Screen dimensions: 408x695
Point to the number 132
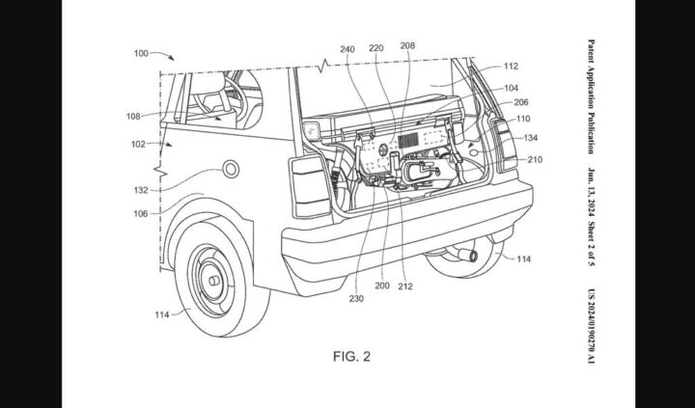click(x=141, y=190)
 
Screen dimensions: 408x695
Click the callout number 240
click(x=348, y=45)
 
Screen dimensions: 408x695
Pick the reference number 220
click(x=376, y=45)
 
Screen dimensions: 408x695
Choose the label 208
click(x=407, y=45)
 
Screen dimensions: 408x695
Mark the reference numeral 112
click(x=512, y=67)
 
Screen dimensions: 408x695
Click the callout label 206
click(x=520, y=101)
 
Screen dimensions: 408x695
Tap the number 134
click(x=531, y=138)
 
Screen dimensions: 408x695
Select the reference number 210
click(x=534, y=160)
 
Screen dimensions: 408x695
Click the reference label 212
click(x=405, y=286)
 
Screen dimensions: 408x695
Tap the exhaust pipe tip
click(x=471, y=254)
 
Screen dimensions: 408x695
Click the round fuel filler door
click(x=231, y=170)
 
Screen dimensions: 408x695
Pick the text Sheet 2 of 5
click(x=591, y=229)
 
